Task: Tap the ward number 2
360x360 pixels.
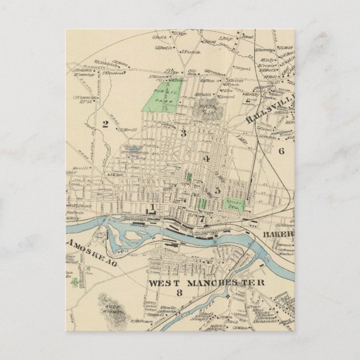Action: (x=105, y=124)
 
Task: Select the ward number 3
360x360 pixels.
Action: (x=183, y=132)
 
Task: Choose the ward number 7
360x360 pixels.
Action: (x=202, y=217)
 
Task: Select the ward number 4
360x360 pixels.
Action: (x=206, y=159)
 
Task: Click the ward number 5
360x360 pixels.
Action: (x=217, y=190)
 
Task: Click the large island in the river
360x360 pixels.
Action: (x=125, y=234)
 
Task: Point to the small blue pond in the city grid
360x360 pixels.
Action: (x=133, y=150)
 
